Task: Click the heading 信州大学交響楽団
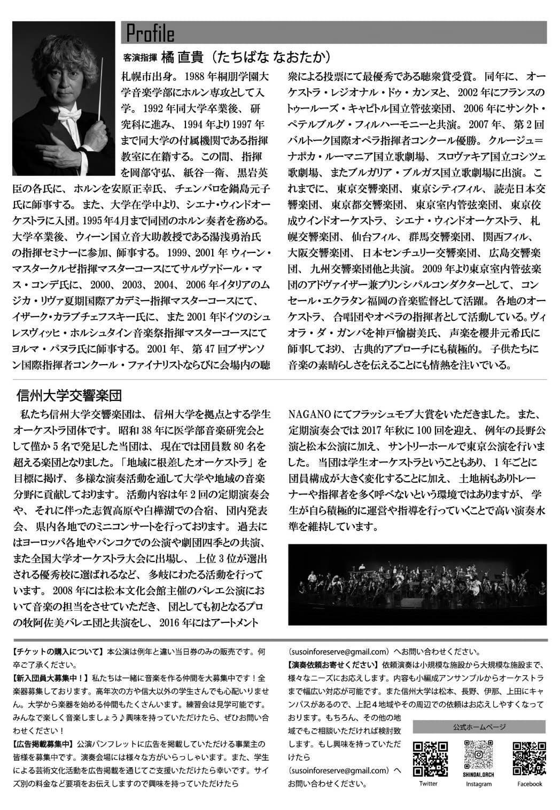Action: click(70, 396)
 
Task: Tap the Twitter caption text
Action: click(429, 784)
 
